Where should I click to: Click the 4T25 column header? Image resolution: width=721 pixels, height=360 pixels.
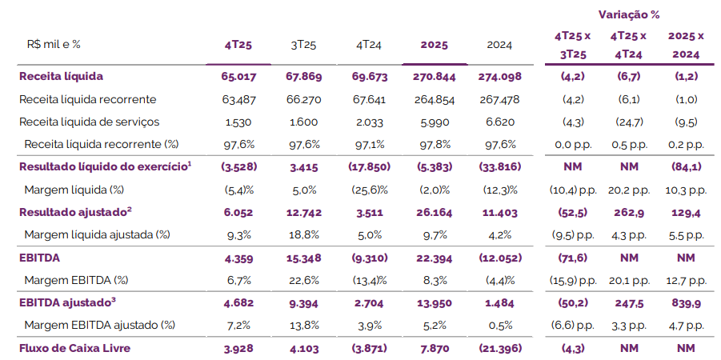(238, 45)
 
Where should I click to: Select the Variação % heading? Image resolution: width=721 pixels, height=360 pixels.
(628, 14)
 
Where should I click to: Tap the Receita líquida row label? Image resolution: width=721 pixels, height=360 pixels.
(62, 76)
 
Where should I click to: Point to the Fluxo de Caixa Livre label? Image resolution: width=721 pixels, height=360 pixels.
(74, 348)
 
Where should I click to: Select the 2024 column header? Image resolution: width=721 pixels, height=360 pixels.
(499, 45)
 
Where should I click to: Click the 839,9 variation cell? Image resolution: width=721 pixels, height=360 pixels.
(686, 303)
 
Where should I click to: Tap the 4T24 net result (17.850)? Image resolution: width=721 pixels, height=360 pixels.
(368, 166)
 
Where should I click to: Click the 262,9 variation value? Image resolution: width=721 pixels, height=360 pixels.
(628, 212)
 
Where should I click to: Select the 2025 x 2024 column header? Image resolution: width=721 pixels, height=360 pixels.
(686, 45)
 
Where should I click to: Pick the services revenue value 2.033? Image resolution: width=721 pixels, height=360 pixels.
(368, 122)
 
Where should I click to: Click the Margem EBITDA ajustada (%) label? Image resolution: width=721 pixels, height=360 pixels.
(95, 326)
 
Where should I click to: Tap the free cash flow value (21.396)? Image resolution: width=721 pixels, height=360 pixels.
(499, 348)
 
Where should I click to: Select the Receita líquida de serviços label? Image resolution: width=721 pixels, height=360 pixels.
(89, 122)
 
